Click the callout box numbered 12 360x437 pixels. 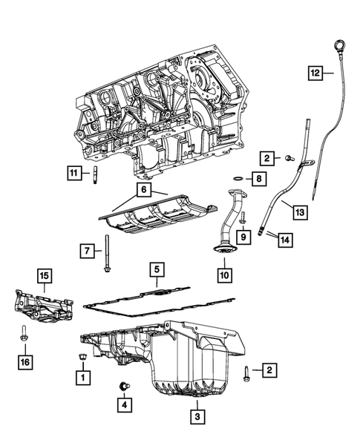point(315,73)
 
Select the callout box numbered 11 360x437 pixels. point(74,173)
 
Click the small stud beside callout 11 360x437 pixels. point(95,175)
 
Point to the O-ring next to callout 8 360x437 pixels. point(238,178)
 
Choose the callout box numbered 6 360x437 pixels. point(143,190)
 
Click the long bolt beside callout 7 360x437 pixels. point(107,253)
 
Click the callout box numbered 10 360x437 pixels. point(224,275)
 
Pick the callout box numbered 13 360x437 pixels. point(300,212)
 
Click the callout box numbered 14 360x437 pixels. point(285,240)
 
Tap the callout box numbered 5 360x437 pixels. point(157,269)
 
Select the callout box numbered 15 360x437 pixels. point(45,276)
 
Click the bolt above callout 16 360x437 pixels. point(24,333)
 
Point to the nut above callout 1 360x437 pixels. point(82,356)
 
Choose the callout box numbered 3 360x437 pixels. point(197,417)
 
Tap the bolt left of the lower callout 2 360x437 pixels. point(246,374)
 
